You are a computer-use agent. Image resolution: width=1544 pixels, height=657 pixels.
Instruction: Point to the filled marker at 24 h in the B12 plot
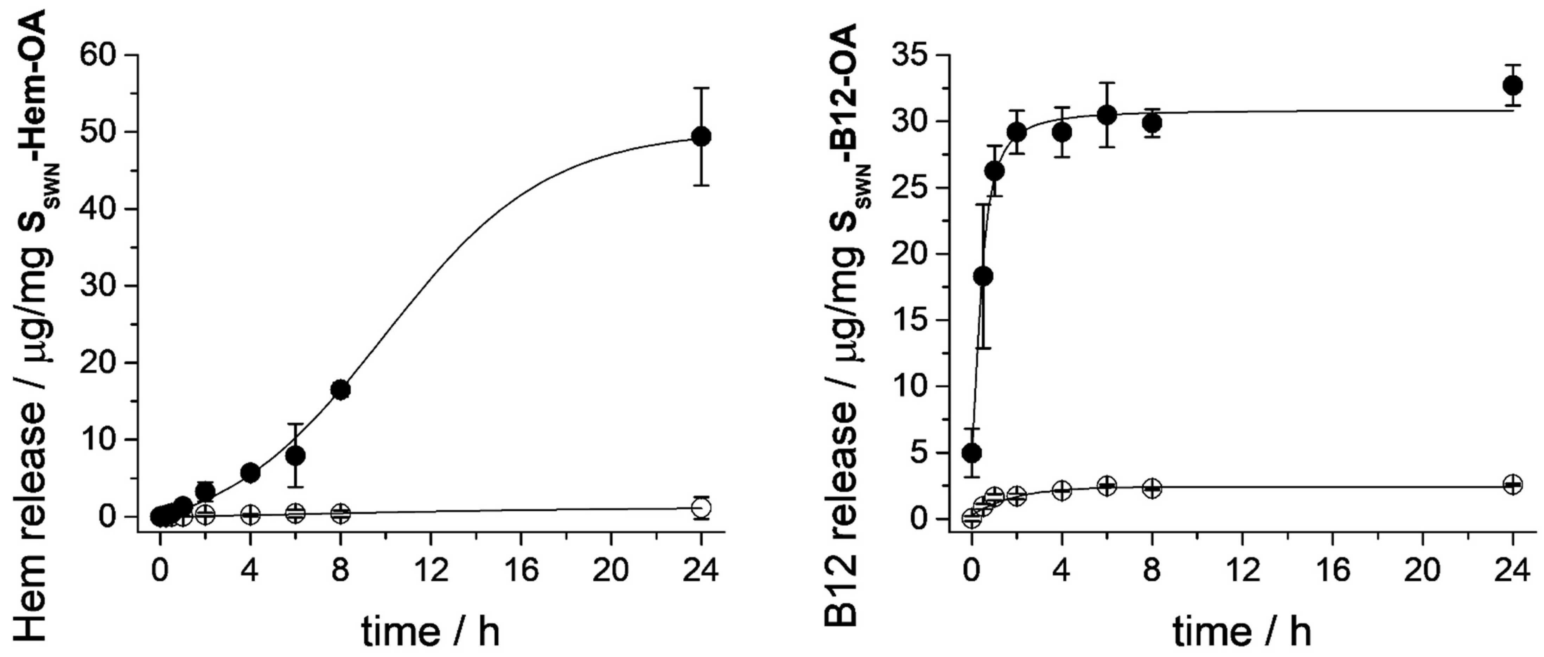[x=1513, y=85]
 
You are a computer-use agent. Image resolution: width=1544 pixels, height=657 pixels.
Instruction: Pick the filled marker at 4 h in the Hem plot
[x=250, y=473]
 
